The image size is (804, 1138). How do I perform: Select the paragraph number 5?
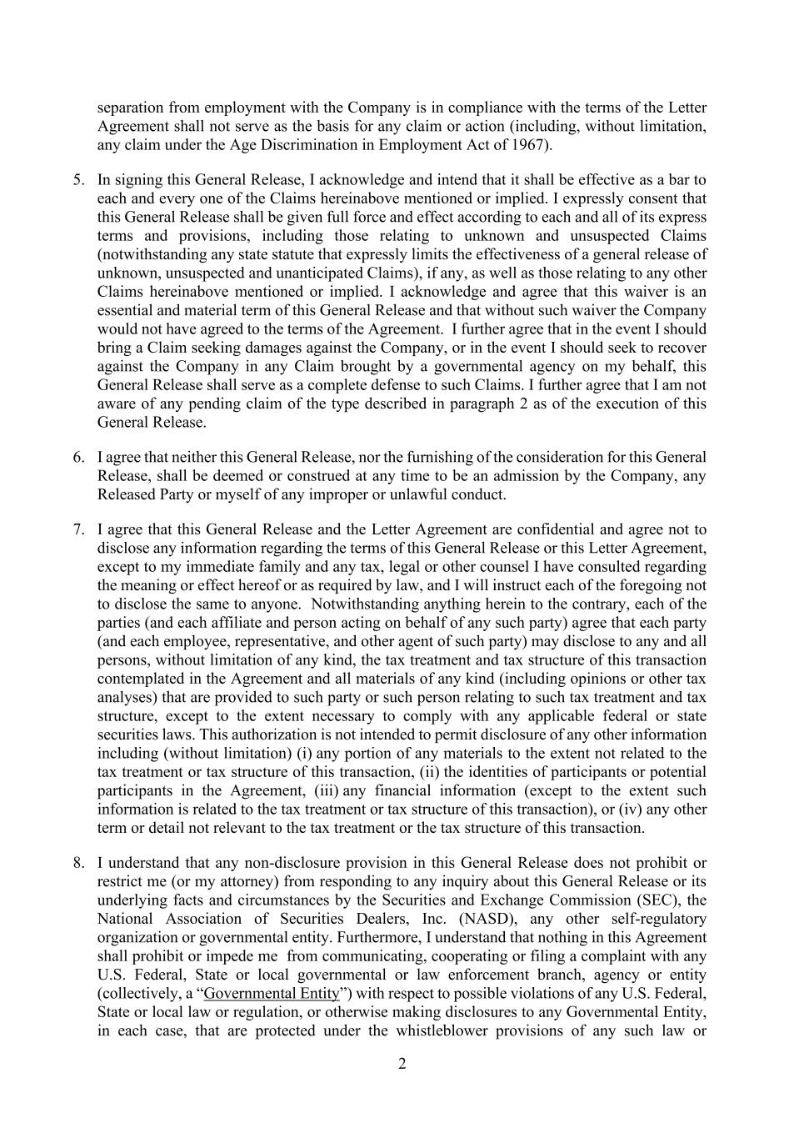(78, 180)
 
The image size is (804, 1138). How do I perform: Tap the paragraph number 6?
(78, 458)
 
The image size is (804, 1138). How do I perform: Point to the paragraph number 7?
(78, 530)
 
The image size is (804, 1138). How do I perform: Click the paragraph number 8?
(78, 864)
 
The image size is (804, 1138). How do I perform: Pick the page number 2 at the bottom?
(402, 1064)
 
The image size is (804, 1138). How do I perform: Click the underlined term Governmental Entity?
(272, 994)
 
